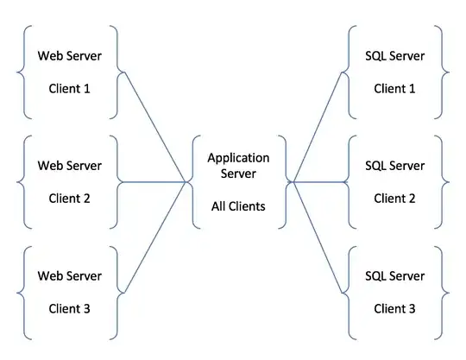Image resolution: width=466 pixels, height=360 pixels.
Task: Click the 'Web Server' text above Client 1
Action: [x=69, y=56]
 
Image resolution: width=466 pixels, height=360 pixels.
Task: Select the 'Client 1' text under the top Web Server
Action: [x=69, y=88]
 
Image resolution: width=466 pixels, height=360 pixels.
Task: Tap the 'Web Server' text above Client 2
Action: [x=69, y=166]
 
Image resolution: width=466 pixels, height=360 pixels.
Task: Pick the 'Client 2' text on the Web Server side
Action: [x=69, y=198]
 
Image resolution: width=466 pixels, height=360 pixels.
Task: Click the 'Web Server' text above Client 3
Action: [x=69, y=276]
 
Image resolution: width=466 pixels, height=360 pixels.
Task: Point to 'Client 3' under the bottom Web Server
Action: [x=69, y=308]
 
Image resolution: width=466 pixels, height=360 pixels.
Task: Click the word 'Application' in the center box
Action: [x=238, y=158]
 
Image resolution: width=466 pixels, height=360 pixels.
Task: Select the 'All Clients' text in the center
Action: [x=238, y=206]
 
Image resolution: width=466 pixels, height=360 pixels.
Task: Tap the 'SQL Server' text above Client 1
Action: [x=395, y=56]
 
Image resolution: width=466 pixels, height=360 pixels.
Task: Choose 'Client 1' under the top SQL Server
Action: [x=395, y=88]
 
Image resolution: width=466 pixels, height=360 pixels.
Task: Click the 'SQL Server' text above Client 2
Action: [x=395, y=166]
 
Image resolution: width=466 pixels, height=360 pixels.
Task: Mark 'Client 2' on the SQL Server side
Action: [x=395, y=198]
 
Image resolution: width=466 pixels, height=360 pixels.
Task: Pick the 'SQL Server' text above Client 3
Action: [x=395, y=276]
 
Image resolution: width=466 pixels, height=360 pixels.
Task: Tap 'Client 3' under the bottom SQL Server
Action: [x=395, y=308]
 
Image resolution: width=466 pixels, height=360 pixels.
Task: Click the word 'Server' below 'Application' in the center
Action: [x=238, y=174]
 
